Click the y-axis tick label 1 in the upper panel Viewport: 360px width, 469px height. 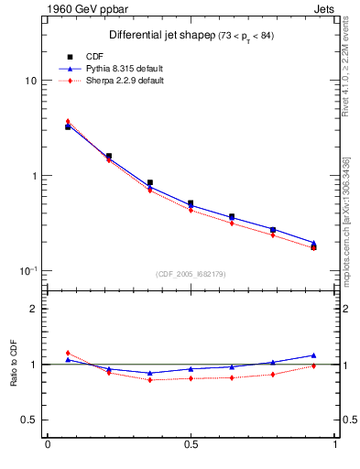click(x=34, y=176)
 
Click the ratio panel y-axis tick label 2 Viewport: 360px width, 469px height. click(x=34, y=309)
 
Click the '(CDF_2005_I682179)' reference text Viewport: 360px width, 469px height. click(x=191, y=273)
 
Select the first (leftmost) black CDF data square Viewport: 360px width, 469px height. click(x=68, y=127)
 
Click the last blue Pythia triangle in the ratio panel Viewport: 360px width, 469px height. click(x=314, y=355)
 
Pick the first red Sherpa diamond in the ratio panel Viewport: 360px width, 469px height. click(x=68, y=353)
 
